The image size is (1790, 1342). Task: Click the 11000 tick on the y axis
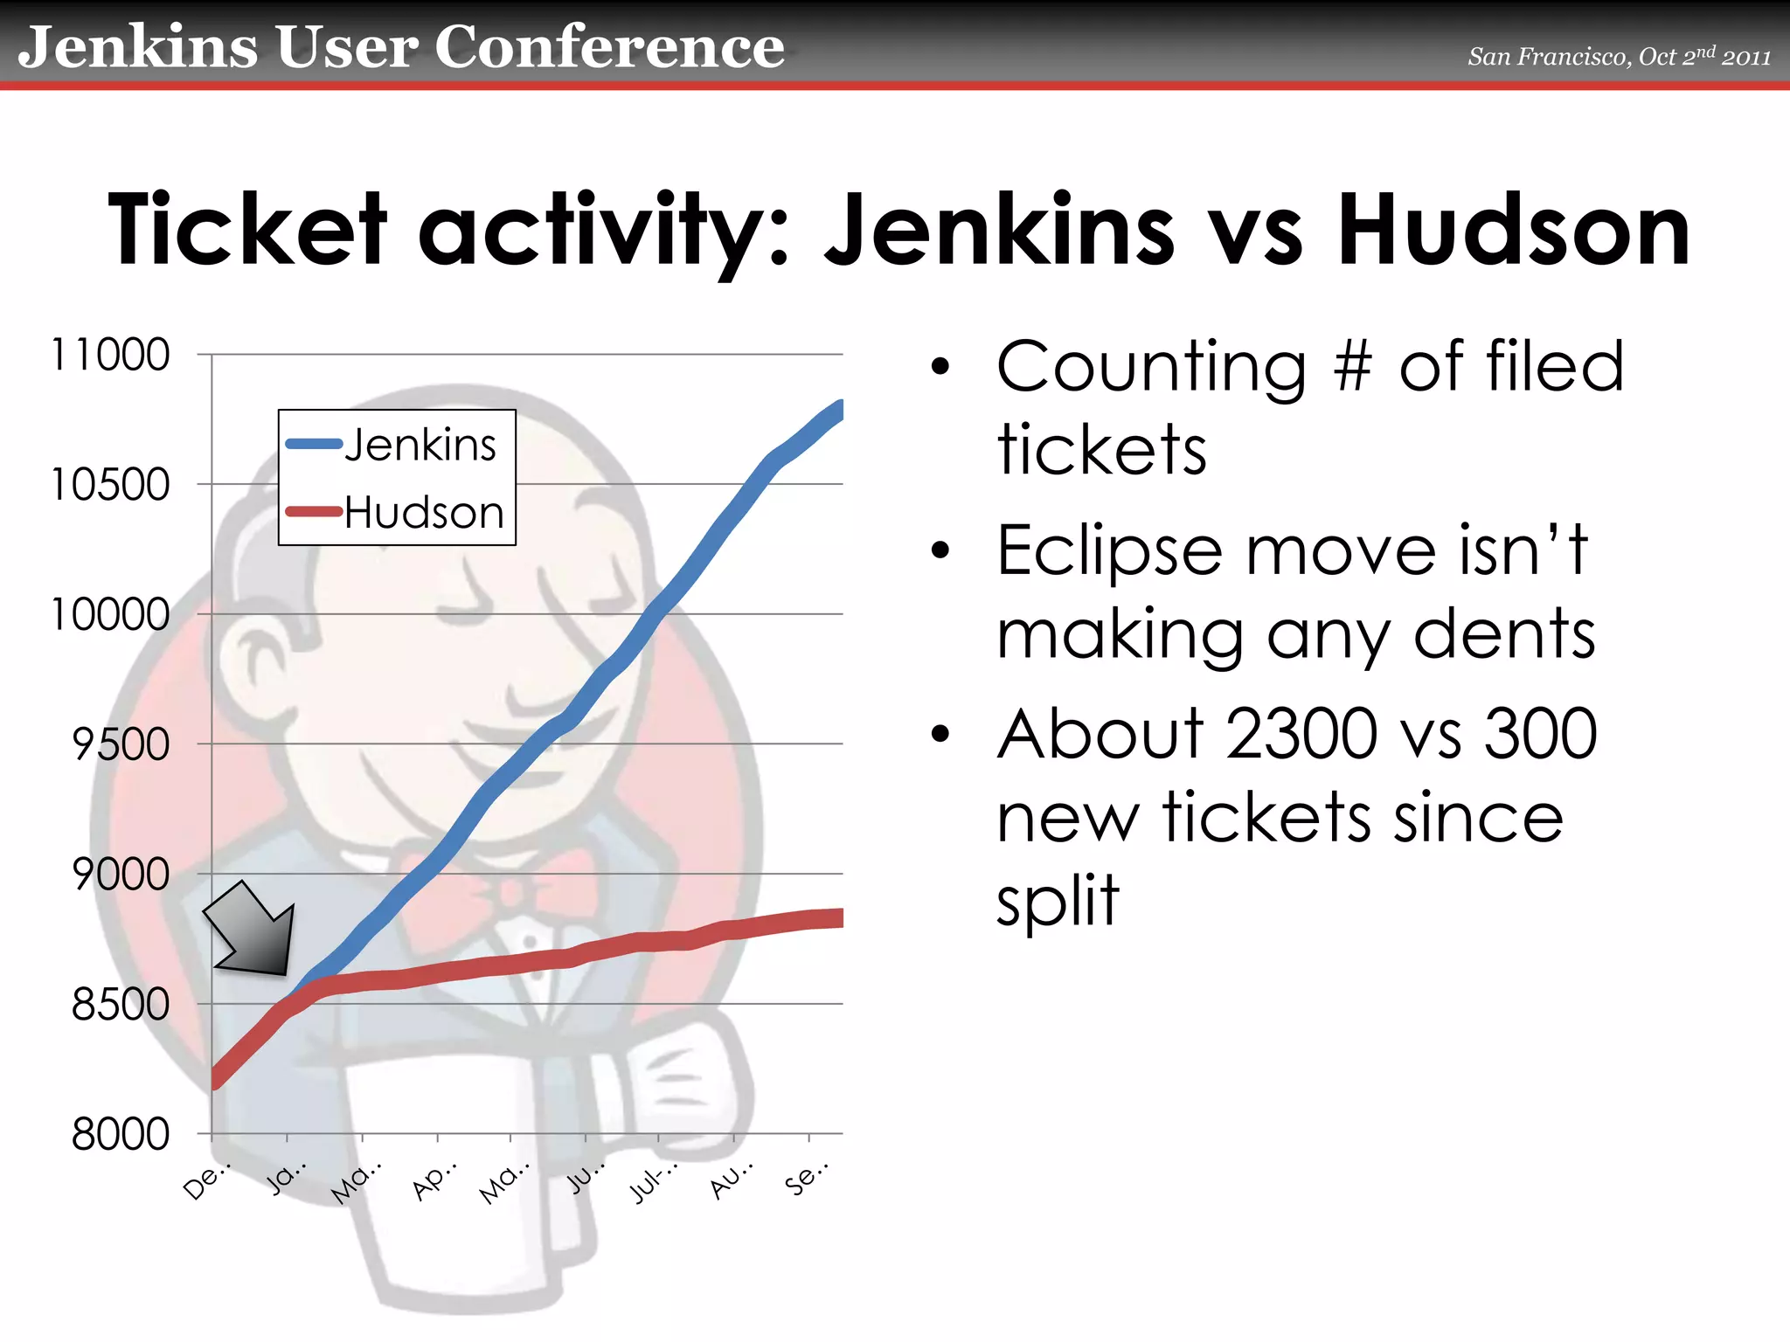tap(110, 355)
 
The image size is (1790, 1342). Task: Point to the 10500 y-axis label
tap(110, 484)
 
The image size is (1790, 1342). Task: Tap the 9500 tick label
tap(121, 744)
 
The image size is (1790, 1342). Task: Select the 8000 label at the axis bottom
tap(121, 1134)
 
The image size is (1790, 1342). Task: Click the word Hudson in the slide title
tap(1514, 231)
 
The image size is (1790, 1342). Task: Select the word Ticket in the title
tap(246, 231)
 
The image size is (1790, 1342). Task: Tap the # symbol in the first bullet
tap(1353, 367)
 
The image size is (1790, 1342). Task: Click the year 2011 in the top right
tap(1746, 58)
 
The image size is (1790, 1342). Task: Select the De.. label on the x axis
tap(206, 1181)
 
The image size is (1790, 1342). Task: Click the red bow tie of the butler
tap(507, 891)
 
